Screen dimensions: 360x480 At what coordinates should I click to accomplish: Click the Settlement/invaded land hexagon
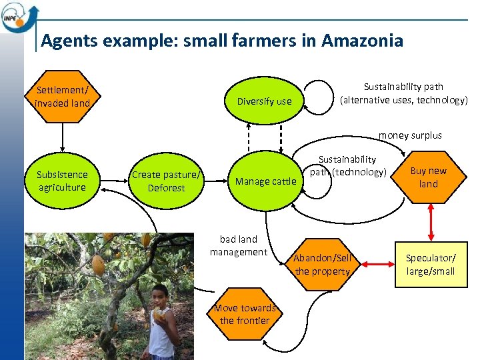click(x=62, y=97)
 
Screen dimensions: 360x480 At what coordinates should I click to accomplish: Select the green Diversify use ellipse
click(x=265, y=101)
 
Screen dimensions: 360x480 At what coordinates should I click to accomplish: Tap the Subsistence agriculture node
click(x=62, y=181)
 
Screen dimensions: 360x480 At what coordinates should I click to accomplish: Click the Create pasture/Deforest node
click(x=166, y=181)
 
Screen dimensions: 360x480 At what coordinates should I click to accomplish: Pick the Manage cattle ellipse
click(x=265, y=181)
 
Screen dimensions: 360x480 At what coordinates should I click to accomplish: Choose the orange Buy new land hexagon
click(x=429, y=177)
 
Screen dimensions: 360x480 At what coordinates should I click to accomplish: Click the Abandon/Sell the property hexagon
click(x=323, y=265)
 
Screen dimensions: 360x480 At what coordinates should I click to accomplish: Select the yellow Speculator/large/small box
click(x=431, y=264)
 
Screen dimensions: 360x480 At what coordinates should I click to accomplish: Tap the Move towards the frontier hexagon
click(x=245, y=314)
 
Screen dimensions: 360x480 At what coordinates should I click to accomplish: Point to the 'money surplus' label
click(x=410, y=135)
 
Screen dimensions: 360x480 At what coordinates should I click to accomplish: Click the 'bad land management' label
click(x=239, y=245)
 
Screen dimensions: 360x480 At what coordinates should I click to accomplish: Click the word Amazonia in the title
click(x=362, y=41)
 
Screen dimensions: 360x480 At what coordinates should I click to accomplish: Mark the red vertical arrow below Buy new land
click(x=431, y=220)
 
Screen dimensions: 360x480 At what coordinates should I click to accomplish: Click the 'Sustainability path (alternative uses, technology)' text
click(x=403, y=93)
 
